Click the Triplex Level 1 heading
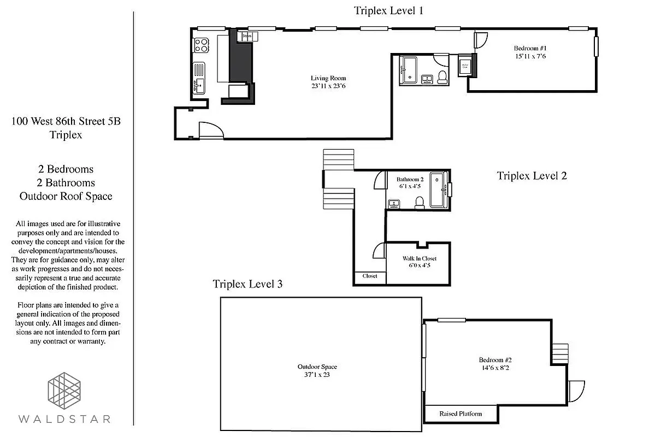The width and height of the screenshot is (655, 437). pyautogui.click(x=388, y=10)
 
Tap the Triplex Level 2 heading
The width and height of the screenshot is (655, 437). pyautogui.click(x=532, y=176)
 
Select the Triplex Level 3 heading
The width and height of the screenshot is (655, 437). pyautogui.click(x=247, y=284)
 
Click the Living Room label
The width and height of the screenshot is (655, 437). pyautogui.click(x=328, y=78)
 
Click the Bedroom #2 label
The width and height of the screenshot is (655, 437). pyautogui.click(x=495, y=359)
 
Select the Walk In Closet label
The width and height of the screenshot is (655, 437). pyautogui.click(x=419, y=258)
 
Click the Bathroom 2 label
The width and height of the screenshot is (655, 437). pyautogui.click(x=410, y=179)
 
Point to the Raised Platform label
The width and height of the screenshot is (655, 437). pyautogui.click(x=461, y=414)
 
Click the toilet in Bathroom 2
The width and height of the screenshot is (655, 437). pyautogui.click(x=420, y=203)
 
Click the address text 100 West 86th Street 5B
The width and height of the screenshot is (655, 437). pyautogui.click(x=66, y=121)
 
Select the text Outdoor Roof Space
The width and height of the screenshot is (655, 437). pyautogui.click(x=66, y=196)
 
